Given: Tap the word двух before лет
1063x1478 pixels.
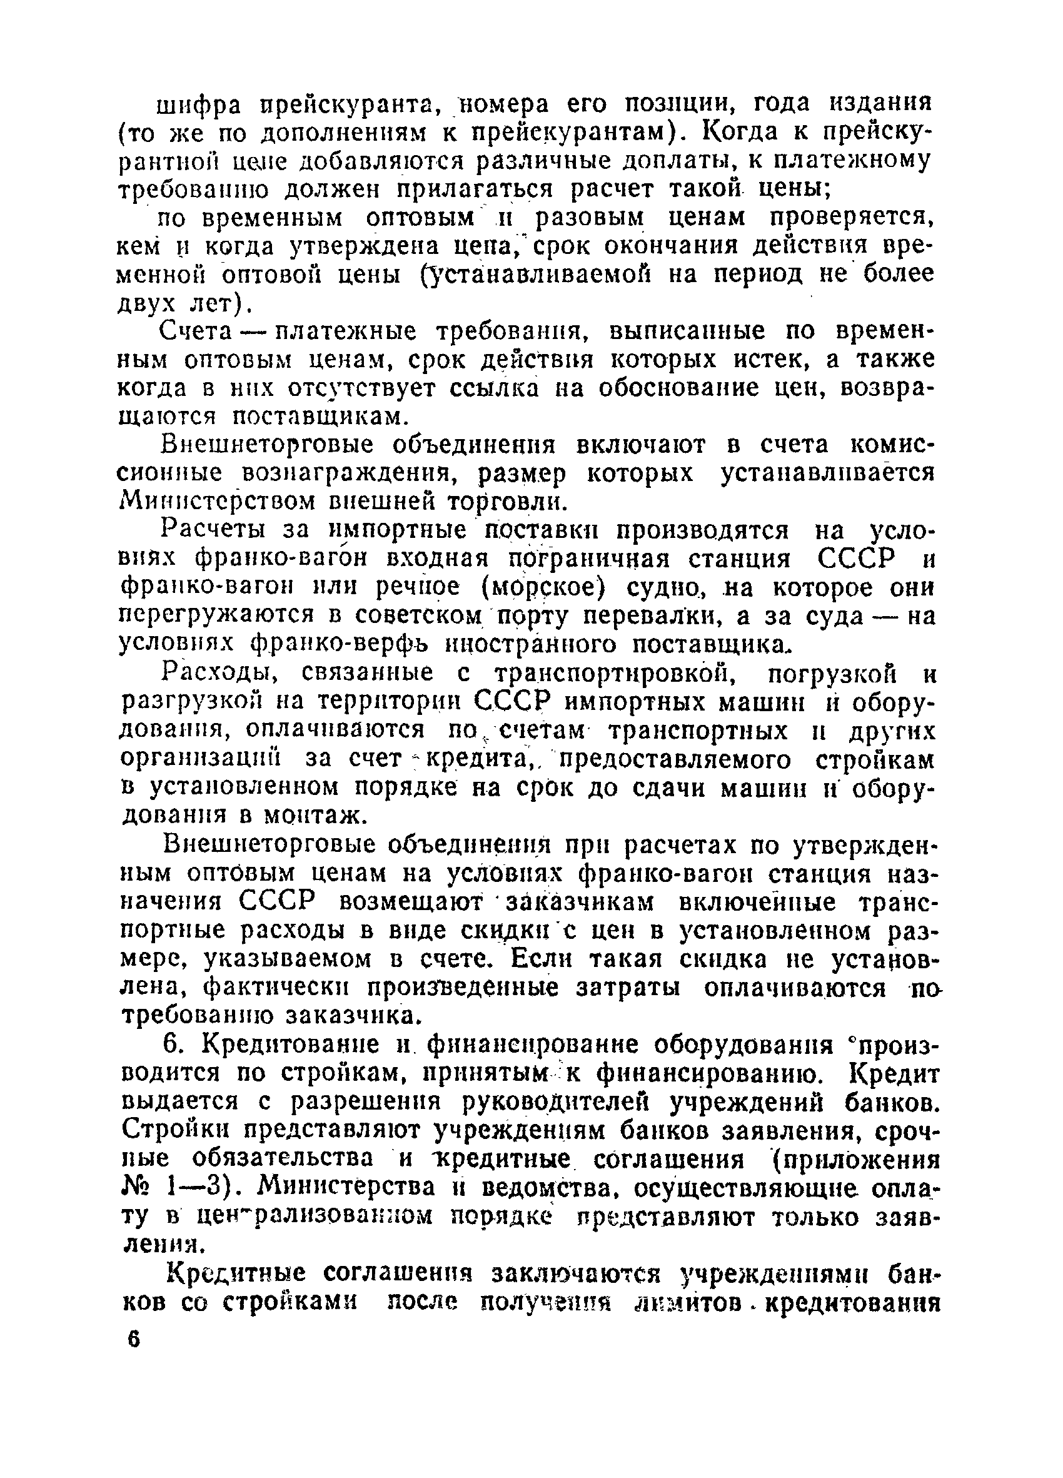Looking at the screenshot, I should click(x=152, y=304).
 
